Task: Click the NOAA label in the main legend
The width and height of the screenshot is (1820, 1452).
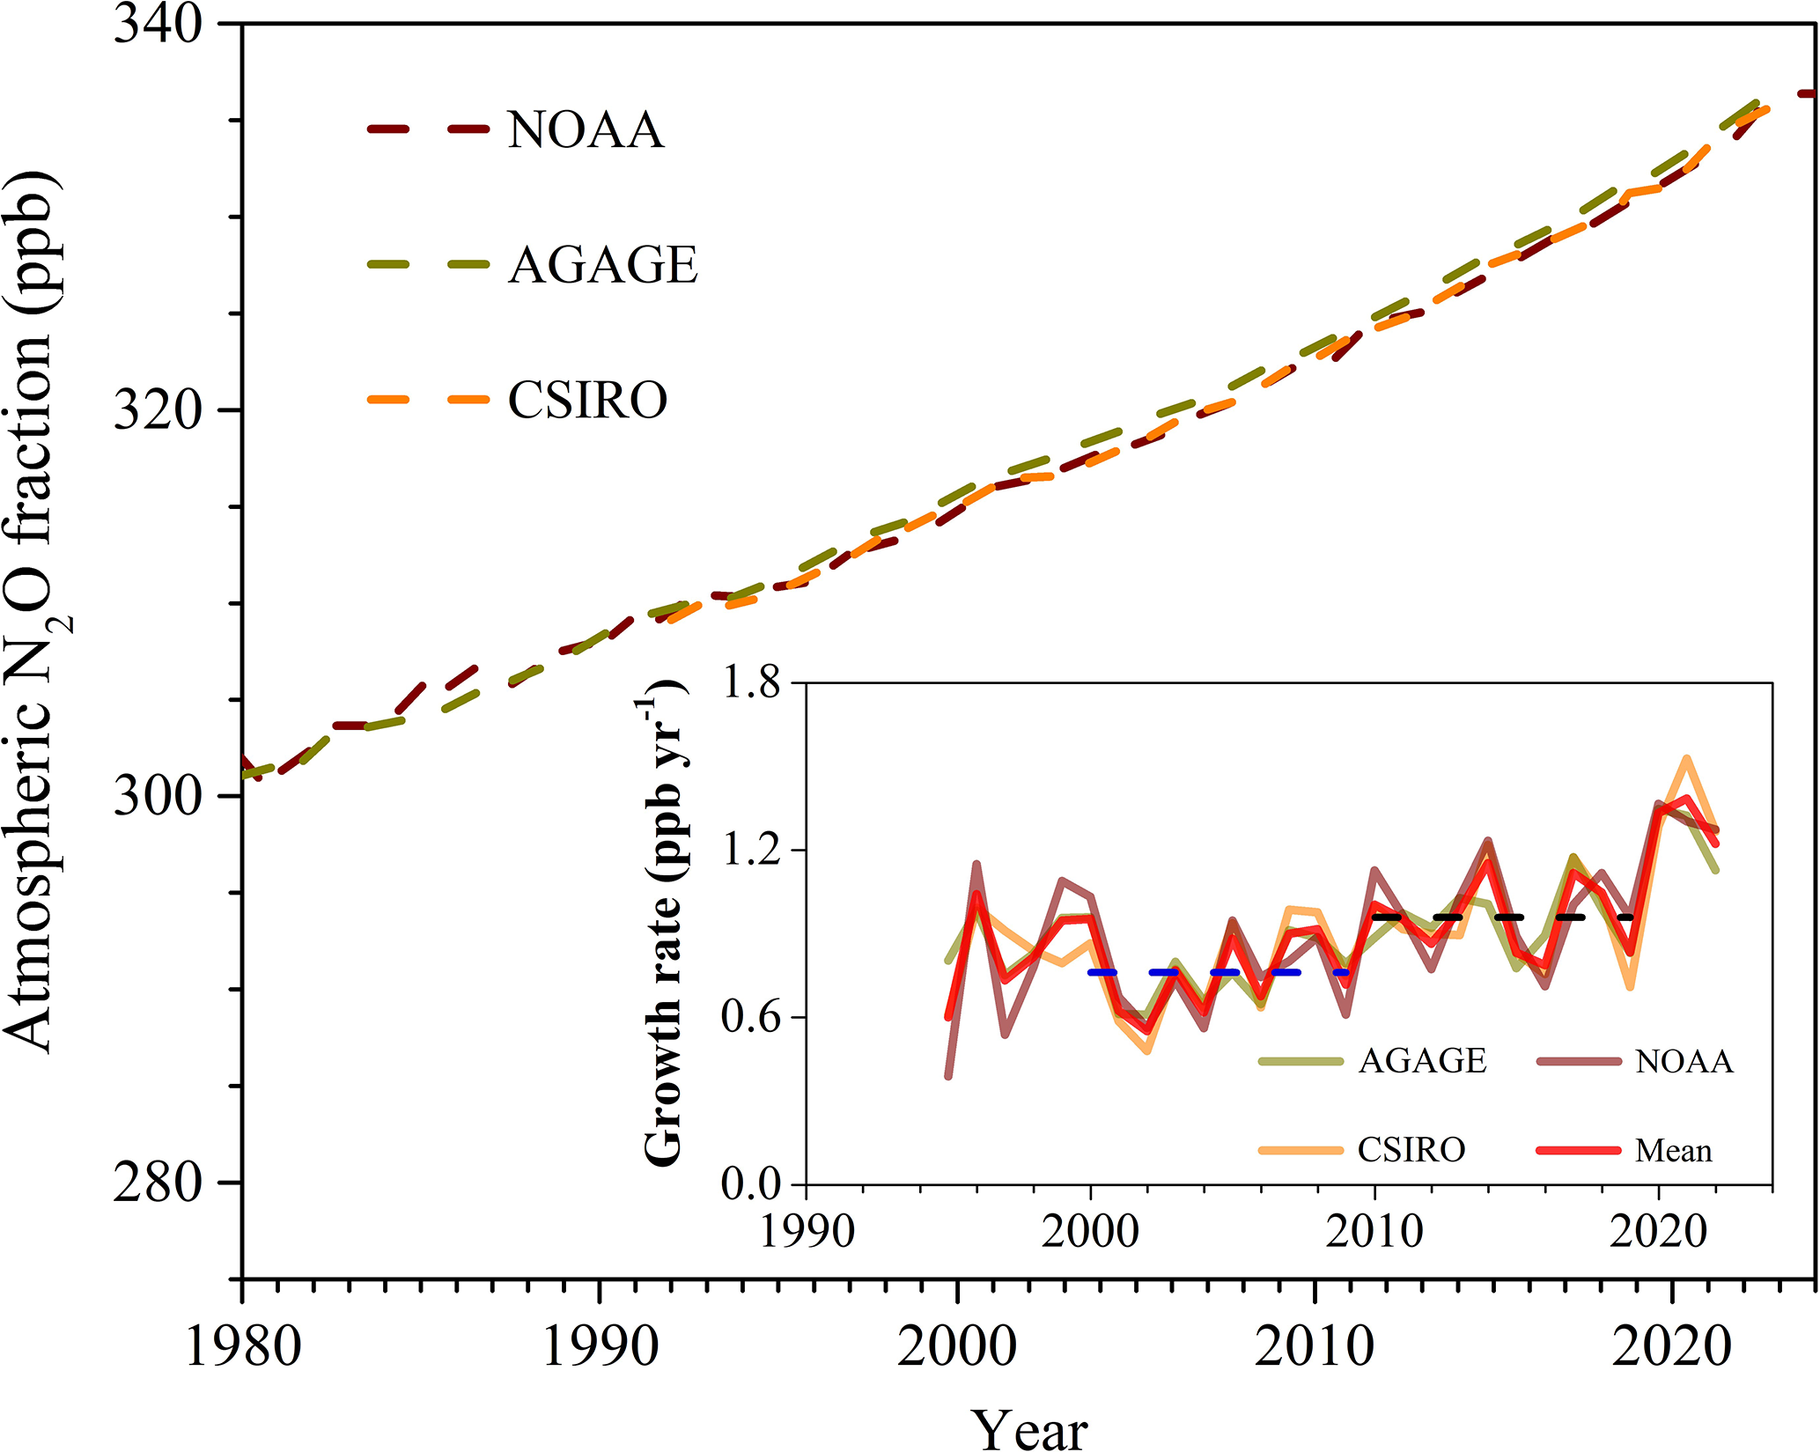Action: coord(586,130)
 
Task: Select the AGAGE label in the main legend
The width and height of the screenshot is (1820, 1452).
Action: coord(603,265)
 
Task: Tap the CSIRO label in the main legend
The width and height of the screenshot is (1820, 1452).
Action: coord(587,401)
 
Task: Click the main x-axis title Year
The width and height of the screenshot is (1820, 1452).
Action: coord(1029,1427)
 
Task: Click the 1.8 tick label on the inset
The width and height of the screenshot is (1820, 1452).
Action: coord(751,682)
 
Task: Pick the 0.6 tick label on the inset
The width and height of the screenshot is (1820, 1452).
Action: coord(751,1017)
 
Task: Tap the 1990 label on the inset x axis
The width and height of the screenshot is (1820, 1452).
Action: coord(807,1231)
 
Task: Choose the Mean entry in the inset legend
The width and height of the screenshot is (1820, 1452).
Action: coord(1673,1150)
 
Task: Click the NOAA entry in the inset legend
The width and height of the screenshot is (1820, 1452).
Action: coord(1684,1061)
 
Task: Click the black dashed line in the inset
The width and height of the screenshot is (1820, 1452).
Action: coord(1506,918)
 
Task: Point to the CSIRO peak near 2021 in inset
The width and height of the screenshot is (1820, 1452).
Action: coord(1686,758)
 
